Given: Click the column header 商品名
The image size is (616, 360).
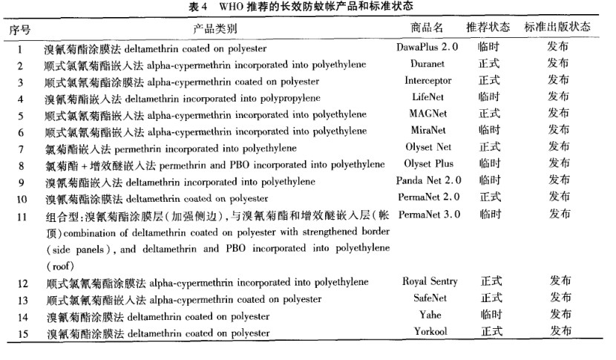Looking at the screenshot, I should click(427, 27).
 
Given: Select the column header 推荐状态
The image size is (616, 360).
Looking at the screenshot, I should click(488, 27).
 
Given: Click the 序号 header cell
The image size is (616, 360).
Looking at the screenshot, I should click(20, 27).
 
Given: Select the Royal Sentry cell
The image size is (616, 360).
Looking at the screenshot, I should click(430, 281).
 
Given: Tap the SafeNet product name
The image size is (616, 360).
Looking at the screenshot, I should click(430, 298).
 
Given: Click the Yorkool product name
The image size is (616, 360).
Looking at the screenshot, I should click(430, 331).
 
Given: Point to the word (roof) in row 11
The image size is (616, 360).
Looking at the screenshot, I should click(59, 265).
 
